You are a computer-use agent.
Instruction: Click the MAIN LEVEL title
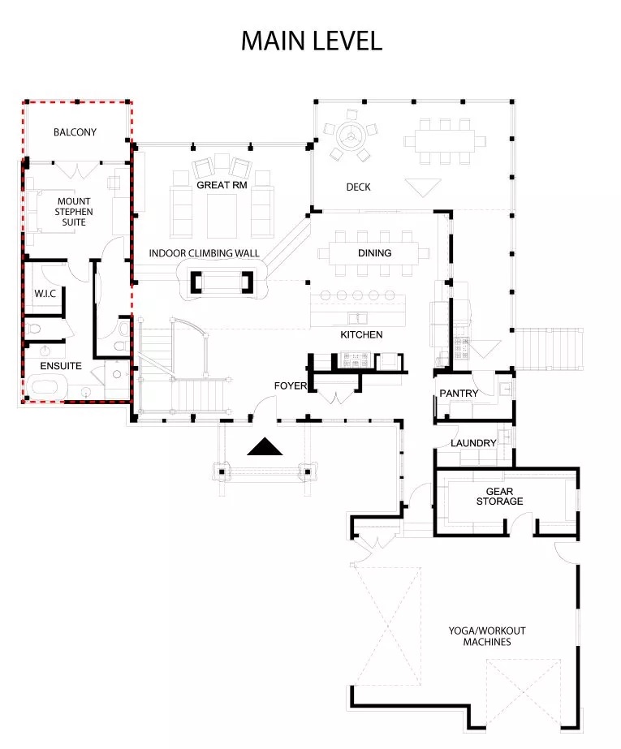312,41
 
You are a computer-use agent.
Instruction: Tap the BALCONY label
75,132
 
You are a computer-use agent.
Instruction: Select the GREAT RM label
222,185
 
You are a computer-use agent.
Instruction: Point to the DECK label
358,187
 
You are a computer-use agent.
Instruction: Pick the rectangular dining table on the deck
445,141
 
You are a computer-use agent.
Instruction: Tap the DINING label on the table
374,253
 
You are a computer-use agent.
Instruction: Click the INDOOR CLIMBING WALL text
204,253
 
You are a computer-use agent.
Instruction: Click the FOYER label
291,386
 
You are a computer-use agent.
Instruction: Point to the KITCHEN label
361,335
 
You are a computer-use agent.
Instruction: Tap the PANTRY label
459,393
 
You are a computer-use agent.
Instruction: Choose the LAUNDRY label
473,443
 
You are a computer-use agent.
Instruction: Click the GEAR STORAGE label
500,497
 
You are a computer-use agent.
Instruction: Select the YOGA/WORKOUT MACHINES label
487,636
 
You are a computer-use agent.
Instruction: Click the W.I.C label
45,294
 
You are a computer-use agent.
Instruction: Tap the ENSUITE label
61,366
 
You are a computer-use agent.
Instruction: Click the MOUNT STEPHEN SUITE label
74,212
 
